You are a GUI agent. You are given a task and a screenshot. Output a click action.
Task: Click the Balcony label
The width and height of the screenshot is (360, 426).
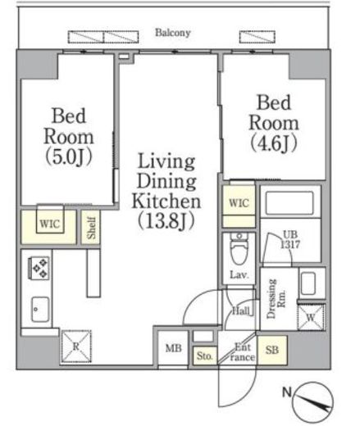coord(173,33)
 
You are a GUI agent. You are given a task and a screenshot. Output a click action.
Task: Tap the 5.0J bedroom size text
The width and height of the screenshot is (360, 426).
coord(68,157)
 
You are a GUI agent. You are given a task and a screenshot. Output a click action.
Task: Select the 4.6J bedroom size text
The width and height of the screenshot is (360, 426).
coord(274,143)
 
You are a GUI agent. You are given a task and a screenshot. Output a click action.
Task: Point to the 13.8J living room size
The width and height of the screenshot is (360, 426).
coord(166,220)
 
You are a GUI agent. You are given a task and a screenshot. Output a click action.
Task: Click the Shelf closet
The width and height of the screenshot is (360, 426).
coord(91,227)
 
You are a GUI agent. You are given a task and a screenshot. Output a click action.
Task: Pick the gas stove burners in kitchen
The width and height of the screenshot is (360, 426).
coord(39,268)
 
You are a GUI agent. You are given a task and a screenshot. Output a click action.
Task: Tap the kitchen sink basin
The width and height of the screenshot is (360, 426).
coord(40,310)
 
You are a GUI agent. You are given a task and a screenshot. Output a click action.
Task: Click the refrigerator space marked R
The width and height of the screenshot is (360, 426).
coord(76,347)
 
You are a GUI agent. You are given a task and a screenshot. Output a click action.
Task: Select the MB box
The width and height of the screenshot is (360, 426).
coord(173,348)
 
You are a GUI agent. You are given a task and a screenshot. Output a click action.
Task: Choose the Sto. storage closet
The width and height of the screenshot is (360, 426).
coord(205,356)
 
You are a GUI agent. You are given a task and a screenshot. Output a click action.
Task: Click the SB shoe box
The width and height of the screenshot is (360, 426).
coord(272,350)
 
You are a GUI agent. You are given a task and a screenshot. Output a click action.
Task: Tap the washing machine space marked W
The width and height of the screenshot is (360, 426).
coord(311,317)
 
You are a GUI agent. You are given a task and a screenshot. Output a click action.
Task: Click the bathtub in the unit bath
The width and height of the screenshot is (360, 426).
coord(289,203)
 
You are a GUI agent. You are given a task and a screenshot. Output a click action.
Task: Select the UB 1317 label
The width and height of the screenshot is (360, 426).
coord(290,239)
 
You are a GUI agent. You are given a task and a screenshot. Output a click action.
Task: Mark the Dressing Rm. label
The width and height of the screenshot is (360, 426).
coord(276,298)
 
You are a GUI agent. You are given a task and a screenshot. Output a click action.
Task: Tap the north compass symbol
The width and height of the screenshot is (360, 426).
coord(312,402)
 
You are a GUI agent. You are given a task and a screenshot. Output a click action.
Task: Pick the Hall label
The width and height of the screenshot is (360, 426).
coord(241,310)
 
